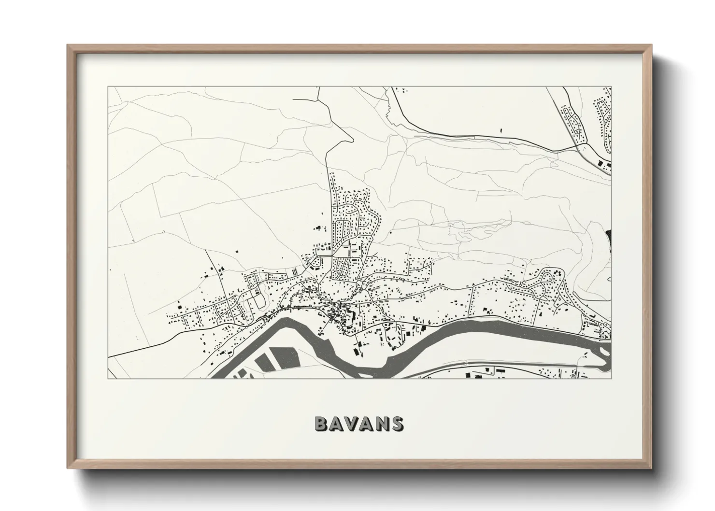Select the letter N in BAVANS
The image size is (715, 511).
(x=382, y=424)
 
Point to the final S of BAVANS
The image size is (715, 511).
(x=398, y=424)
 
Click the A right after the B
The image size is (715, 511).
(x=336, y=424)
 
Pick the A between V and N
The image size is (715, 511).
(x=367, y=424)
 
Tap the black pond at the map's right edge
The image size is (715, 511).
(x=608, y=239)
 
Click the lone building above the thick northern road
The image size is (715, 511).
(x=501, y=130)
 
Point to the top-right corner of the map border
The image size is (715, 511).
(x=612, y=87)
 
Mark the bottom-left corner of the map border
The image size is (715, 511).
(x=108, y=378)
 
